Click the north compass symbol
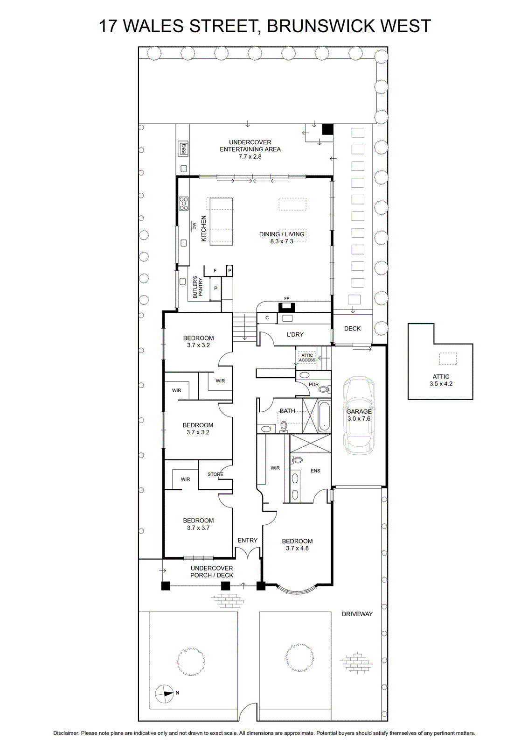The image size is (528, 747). (x=164, y=693)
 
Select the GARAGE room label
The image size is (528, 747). (x=359, y=411)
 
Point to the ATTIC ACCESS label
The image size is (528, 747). (x=307, y=358)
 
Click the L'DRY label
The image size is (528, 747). (x=295, y=334)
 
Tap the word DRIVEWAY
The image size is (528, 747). (x=357, y=614)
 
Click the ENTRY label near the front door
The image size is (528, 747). (x=248, y=540)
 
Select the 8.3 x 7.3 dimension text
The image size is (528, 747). (x=282, y=241)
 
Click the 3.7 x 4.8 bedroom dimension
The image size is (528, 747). (x=297, y=548)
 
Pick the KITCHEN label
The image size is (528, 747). (x=204, y=228)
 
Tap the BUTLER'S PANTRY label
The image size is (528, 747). (x=198, y=287)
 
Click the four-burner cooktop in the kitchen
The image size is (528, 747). (x=184, y=204)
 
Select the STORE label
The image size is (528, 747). (x=215, y=474)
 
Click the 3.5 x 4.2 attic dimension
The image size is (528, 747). (x=441, y=384)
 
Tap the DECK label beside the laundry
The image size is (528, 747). (x=353, y=329)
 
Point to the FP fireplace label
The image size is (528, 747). (x=286, y=298)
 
